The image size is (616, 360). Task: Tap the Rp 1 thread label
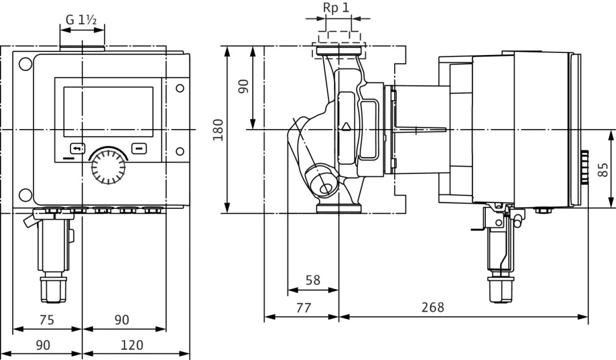coord(336,8)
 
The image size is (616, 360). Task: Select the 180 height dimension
coord(218,130)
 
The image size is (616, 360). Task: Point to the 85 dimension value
coord(602,170)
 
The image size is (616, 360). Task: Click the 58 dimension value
coord(313,280)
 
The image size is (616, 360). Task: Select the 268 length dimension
coord(433,307)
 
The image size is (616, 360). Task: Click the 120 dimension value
coord(131,345)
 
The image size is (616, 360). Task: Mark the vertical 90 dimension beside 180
coord(244,86)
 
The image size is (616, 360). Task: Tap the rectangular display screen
coord(108,112)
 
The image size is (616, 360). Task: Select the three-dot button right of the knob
coord(139,148)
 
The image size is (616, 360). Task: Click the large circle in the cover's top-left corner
coord(25,64)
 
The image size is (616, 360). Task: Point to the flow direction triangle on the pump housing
coord(346,126)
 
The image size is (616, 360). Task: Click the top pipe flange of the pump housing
coord(338,52)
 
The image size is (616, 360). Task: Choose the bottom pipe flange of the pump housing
coord(338,208)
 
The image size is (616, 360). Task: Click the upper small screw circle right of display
coord(180,88)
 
